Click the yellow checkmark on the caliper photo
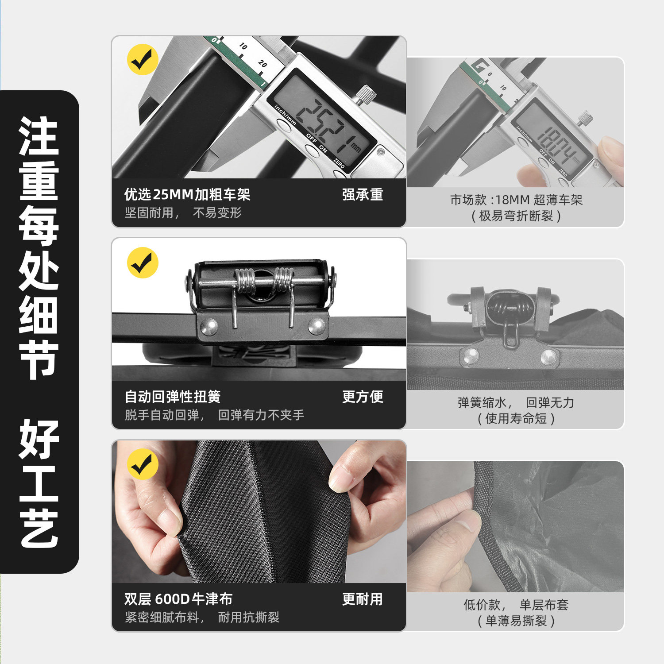(143, 59)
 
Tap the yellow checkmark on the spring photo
(143, 263)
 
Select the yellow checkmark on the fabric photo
(143, 464)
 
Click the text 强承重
(363, 194)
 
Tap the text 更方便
(363, 397)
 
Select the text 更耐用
(363, 599)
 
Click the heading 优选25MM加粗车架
(187, 194)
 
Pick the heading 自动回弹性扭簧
(173, 397)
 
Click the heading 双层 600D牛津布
(178, 599)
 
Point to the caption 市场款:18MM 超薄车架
(516, 200)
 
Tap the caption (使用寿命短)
(516, 418)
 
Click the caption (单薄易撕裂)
(516, 621)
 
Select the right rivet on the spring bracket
(317, 326)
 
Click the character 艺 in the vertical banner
(39, 528)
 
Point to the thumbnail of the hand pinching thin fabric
(515, 526)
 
